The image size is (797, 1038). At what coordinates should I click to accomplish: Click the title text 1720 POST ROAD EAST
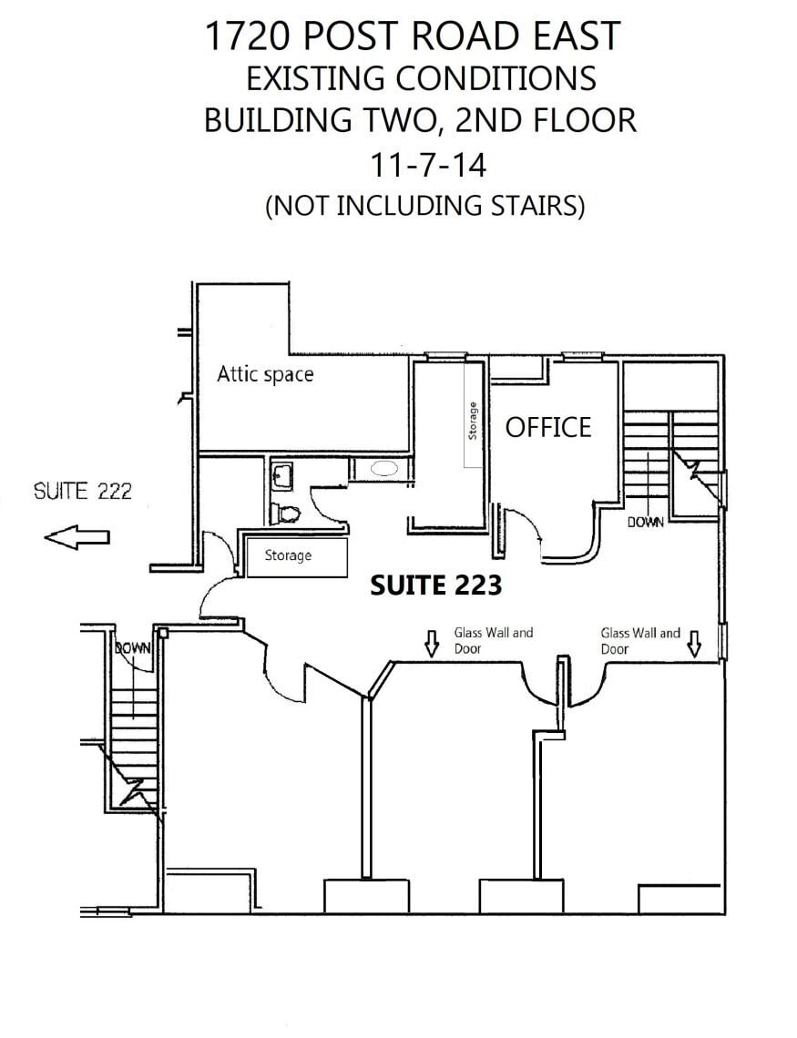[x=412, y=36]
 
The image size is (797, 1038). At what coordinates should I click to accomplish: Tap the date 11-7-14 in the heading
[x=427, y=166]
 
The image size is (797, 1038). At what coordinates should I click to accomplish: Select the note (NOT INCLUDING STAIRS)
[x=424, y=206]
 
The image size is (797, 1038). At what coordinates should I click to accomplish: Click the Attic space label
[x=265, y=374]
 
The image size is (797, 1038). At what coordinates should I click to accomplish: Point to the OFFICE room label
[x=548, y=427]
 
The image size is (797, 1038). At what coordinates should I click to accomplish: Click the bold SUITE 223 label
[x=435, y=585]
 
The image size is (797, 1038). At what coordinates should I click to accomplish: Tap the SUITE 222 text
[x=83, y=492]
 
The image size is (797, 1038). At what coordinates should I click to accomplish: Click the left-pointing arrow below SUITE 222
[x=77, y=538]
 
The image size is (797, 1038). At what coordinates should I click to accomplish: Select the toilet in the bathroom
[x=285, y=514]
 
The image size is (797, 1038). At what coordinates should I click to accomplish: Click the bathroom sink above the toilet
[x=281, y=474]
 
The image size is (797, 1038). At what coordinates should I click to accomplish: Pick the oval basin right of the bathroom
[x=384, y=469]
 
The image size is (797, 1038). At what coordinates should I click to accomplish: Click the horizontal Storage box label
[x=288, y=555]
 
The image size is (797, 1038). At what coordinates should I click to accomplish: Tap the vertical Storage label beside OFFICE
[x=472, y=421]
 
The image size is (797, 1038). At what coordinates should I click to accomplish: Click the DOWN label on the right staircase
[x=645, y=523]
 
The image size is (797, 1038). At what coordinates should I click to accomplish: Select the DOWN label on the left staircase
[x=132, y=648]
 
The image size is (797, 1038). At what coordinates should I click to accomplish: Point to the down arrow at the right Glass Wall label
[x=694, y=643]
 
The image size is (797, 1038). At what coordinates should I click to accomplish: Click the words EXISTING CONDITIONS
[x=421, y=78]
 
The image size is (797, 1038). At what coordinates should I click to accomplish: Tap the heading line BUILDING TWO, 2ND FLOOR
[x=420, y=121]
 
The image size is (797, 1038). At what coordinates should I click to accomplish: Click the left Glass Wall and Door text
[x=493, y=640]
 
